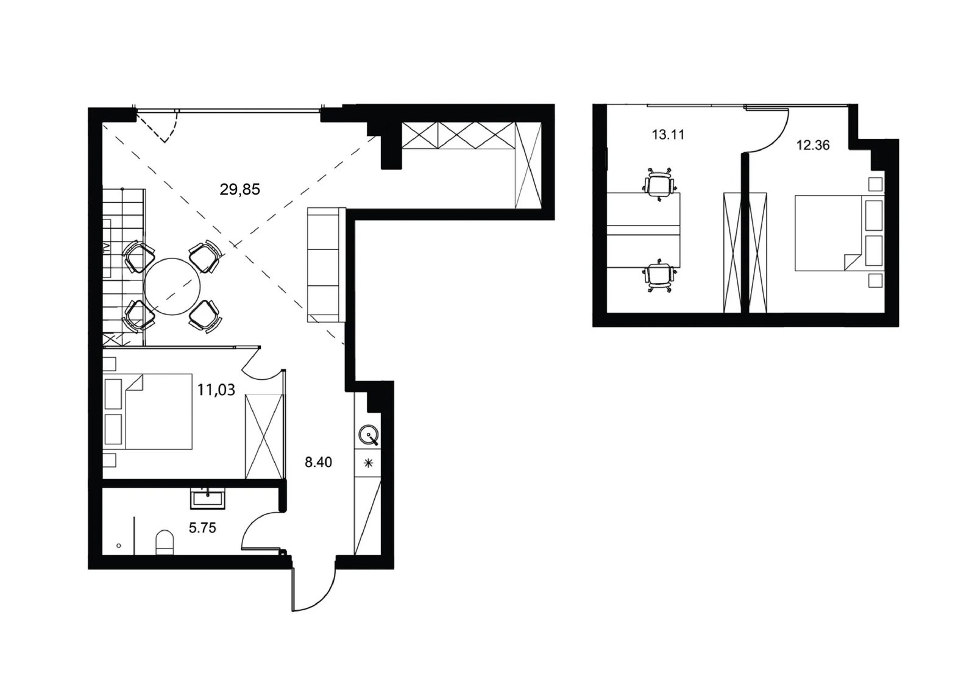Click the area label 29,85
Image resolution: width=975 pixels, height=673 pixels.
pyautogui.click(x=240, y=190)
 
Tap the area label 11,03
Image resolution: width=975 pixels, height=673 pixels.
pyautogui.click(x=216, y=390)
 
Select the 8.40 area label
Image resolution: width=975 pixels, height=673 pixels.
pyautogui.click(x=318, y=462)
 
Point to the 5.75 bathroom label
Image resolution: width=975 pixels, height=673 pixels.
pyautogui.click(x=202, y=528)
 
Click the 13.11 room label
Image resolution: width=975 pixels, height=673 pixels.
pyautogui.click(x=668, y=135)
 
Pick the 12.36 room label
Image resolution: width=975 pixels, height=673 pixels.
pyautogui.click(x=813, y=145)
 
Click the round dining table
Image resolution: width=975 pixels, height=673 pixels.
pyautogui.click(x=172, y=287)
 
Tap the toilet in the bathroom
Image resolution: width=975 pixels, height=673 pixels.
pyautogui.click(x=165, y=543)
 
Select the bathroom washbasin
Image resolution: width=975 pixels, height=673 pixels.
pyautogui.click(x=208, y=499)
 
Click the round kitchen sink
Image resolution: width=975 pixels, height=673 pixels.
pyautogui.click(x=369, y=435)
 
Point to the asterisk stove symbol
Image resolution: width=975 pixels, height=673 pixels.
pyautogui.click(x=368, y=463)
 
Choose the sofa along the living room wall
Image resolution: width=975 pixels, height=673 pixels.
pyautogui.click(x=327, y=265)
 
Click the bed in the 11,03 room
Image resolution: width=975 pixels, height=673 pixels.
pyautogui.click(x=149, y=411)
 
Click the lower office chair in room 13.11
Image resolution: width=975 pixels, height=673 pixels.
pyautogui.click(x=658, y=276)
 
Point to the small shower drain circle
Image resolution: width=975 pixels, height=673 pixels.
pyautogui.click(x=119, y=546)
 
